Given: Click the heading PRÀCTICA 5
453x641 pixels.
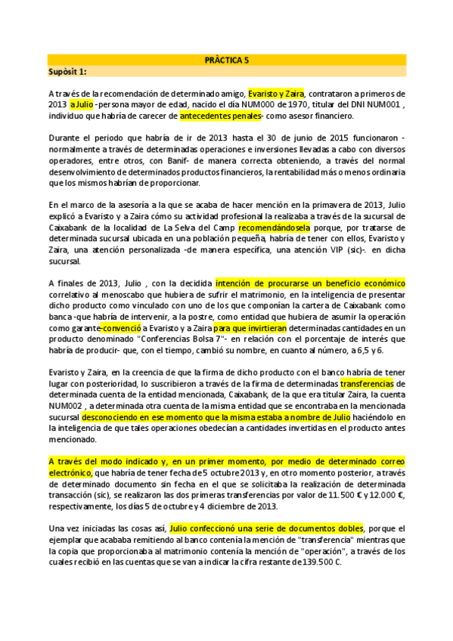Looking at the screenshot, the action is click(226, 59).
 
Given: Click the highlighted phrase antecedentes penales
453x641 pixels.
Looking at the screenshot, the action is click(220, 116).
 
